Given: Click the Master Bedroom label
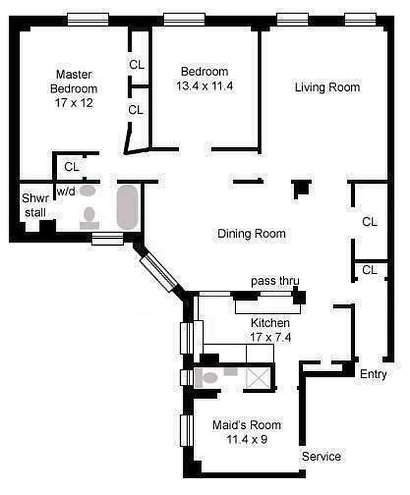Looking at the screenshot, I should (x=73, y=81).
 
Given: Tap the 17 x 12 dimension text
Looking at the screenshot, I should (x=73, y=103).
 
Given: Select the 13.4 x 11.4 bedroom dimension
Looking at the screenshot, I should (x=204, y=86).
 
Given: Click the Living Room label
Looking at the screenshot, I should (x=327, y=87).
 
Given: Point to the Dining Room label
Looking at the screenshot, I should (x=251, y=234).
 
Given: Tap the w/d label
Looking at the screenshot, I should (x=66, y=192).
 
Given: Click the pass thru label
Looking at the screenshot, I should (x=275, y=282).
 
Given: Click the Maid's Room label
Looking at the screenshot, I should (x=246, y=426).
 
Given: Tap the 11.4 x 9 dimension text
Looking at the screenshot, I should (x=246, y=441).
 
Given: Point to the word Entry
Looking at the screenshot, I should (x=373, y=374).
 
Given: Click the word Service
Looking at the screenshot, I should (x=321, y=457).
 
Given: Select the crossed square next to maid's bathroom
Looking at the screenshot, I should (x=256, y=377).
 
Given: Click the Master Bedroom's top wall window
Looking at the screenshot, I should (x=88, y=20).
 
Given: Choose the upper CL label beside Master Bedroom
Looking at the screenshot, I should (x=137, y=64).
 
